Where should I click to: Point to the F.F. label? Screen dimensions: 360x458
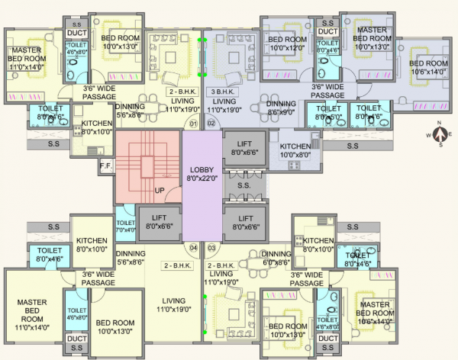[105, 163]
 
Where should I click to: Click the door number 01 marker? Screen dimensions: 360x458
[193, 123]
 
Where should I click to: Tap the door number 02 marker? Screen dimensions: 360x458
[211, 123]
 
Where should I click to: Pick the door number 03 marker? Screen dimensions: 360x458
[211, 248]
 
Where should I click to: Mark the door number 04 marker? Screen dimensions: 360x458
[193, 248]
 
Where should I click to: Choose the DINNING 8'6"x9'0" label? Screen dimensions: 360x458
[281, 108]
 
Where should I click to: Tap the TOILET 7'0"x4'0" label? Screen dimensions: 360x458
[124, 225]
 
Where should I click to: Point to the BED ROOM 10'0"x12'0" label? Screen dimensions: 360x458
[286, 43]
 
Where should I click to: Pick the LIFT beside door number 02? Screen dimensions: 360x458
[244, 147]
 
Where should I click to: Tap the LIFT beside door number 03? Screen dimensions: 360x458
[244, 222]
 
